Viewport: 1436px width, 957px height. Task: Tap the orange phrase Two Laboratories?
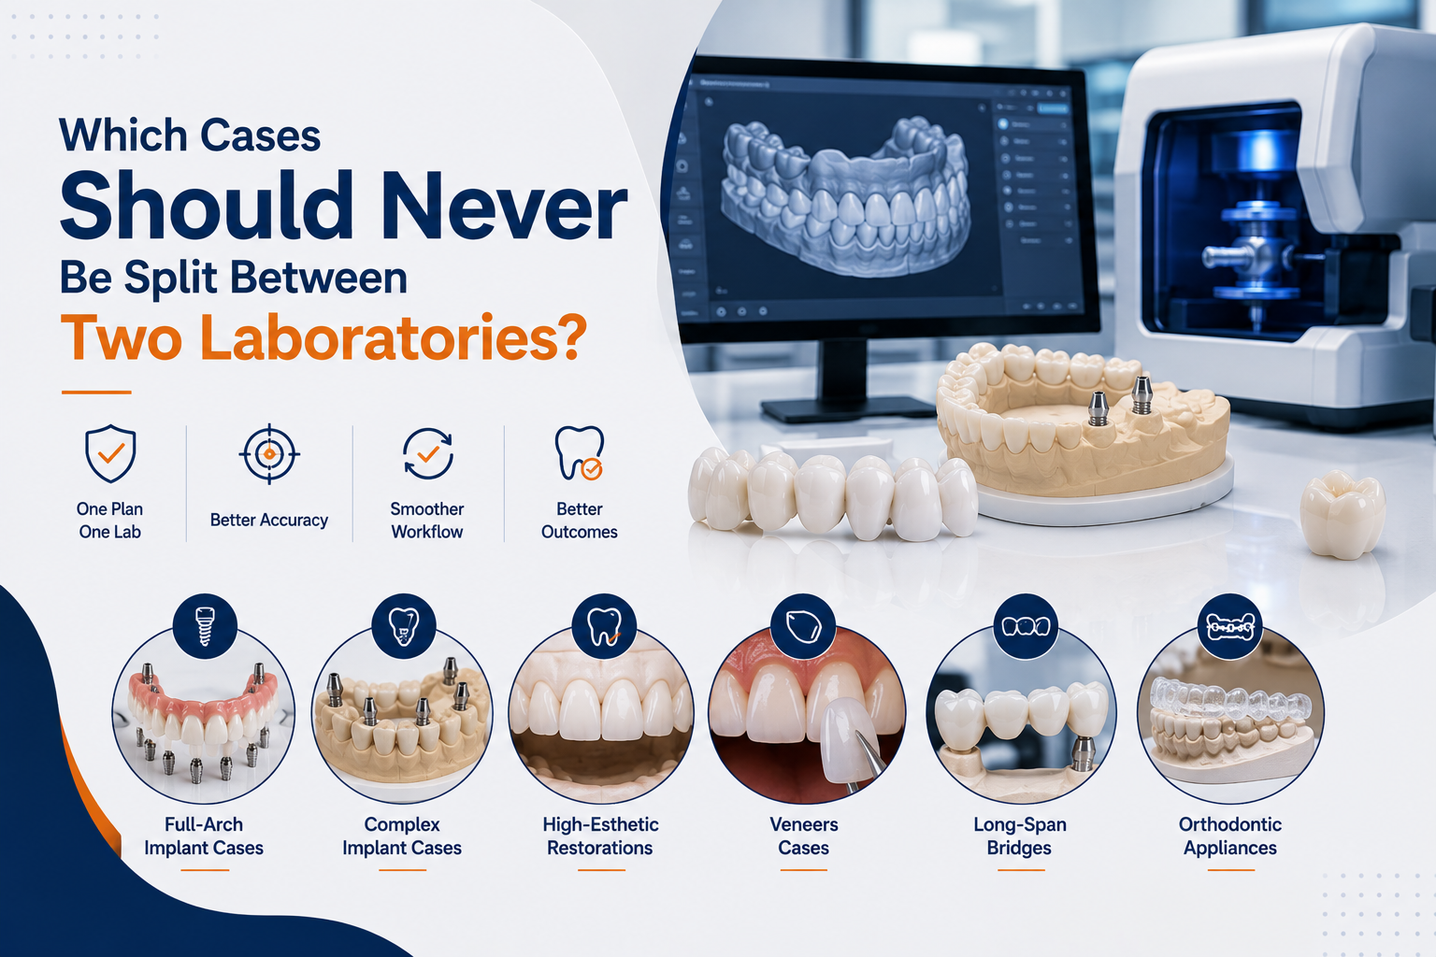[x=323, y=337]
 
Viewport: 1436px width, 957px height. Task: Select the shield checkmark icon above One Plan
[x=110, y=453]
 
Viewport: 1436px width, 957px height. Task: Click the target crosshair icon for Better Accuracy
[x=269, y=454]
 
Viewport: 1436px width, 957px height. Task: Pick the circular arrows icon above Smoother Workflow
[x=427, y=454]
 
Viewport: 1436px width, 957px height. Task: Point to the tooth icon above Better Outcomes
[x=579, y=453]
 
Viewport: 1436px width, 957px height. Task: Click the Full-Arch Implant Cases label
[x=204, y=836]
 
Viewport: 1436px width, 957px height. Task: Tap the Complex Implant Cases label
[x=402, y=836]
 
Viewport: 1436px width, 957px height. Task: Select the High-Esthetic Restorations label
[x=601, y=836]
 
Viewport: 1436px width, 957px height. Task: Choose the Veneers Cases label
[x=804, y=836]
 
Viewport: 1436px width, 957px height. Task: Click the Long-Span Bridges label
[x=1020, y=836]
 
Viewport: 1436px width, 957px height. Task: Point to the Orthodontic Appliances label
[x=1230, y=836]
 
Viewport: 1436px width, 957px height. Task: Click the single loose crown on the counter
[x=1342, y=513]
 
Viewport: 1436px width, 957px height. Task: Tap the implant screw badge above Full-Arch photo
[x=205, y=625]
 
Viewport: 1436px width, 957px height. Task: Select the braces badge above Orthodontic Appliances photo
[x=1230, y=626]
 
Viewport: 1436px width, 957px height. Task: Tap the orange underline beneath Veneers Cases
[x=804, y=870]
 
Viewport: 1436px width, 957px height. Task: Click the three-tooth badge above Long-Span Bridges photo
[x=1026, y=626]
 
